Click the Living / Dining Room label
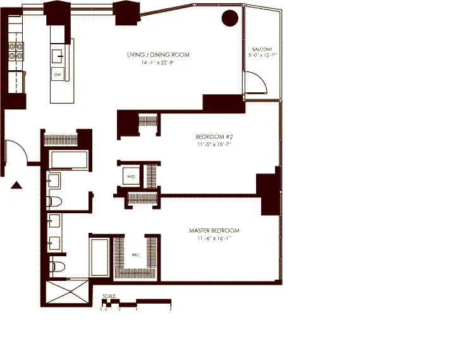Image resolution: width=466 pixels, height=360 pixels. point(157,55)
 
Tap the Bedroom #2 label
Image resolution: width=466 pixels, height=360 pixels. point(211,136)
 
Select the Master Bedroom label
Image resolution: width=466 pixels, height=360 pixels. point(214,230)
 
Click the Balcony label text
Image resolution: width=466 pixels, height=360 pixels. point(262,49)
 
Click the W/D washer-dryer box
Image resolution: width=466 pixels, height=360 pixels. point(130,176)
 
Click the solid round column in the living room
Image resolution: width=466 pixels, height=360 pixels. point(230,18)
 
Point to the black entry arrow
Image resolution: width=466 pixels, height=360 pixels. point(17,184)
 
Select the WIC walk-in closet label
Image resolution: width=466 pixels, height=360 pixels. point(135,256)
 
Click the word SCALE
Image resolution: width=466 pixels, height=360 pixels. point(109,295)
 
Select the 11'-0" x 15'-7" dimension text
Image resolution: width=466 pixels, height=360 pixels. point(211,145)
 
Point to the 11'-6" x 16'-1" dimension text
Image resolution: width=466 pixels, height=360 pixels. point(214,239)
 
